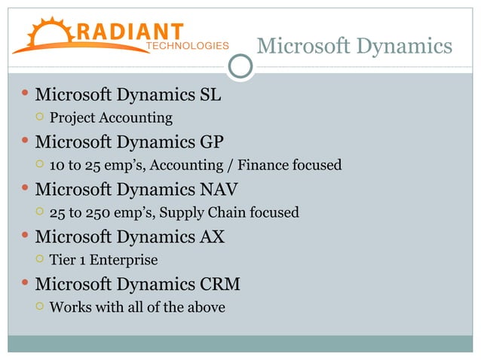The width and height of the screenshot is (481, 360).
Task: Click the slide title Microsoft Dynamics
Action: coord(354,47)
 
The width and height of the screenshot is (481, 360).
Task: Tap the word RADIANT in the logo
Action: coord(129,31)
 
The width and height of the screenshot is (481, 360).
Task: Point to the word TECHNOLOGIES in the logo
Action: coord(187,46)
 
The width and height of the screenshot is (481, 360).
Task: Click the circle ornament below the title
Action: coord(240,66)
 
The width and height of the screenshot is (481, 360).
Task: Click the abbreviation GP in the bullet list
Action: coord(211,142)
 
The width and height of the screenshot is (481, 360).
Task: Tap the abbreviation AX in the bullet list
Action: coord(211,237)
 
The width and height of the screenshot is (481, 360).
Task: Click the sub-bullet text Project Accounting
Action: coord(111,118)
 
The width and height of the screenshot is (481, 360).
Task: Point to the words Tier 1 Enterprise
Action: coord(103,261)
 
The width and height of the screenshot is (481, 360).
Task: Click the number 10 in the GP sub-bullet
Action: coord(57,166)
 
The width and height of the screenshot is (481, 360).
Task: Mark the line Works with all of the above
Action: coord(137,308)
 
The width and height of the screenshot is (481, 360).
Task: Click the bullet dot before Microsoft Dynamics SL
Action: coord(25,95)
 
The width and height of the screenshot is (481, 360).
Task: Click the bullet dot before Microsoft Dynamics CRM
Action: coord(25,284)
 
